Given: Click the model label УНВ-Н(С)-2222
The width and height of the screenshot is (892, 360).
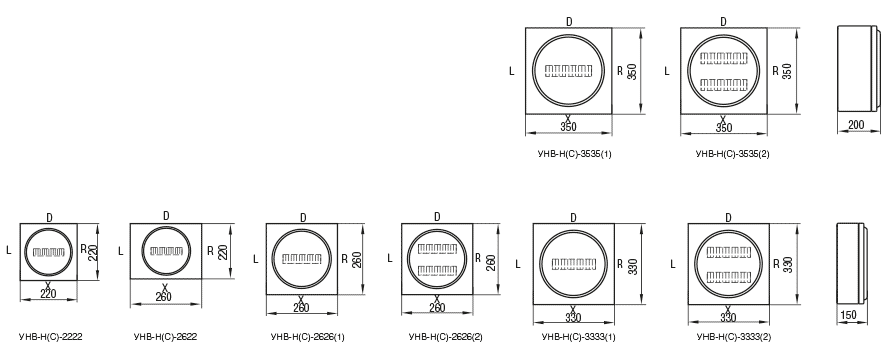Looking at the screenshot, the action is pyautogui.click(x=51, y=337).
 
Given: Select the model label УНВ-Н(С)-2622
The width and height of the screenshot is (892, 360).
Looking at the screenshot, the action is pyautogui.click(x=166, y=337).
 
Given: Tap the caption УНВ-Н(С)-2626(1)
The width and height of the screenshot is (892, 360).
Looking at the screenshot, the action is pyautogui.click(x=308, y=337).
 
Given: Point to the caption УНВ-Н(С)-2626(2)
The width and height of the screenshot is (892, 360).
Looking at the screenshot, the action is pyautogui.click(x=445, y=337).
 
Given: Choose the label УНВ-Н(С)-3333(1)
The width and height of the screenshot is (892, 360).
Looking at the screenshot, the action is pyautogui.click(x=579, y=337).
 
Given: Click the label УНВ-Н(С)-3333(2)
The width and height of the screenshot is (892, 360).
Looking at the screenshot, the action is pyautogui.click(x=734, y=337).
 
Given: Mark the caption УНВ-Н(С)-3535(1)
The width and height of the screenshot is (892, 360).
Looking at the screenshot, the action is pyautogui.click(x=575, y=154).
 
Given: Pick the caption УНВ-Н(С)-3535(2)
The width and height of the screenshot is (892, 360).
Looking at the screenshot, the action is pyautogui.click(x=732, y=154).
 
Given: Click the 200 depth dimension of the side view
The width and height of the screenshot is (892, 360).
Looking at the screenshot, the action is pyautogui.click(x=856, y=125).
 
